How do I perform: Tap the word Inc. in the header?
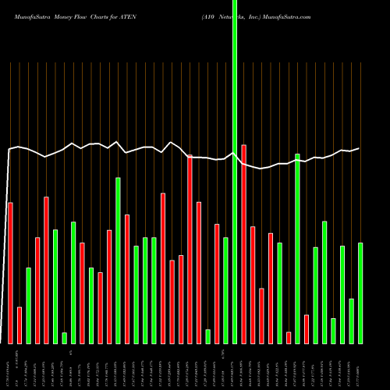(268, 16)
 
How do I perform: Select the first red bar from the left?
(10, 273)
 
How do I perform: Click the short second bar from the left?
(19, 325)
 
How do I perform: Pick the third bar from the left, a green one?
(28, 306)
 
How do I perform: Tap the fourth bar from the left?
(37, 290)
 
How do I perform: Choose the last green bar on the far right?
(360, 293)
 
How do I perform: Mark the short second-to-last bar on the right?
(352, 321)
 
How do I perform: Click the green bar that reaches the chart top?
(235, 172)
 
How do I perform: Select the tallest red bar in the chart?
(243, 244)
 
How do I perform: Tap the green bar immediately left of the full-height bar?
(225, 290)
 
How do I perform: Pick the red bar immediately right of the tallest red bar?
(253, 285)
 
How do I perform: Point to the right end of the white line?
(360, 148)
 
